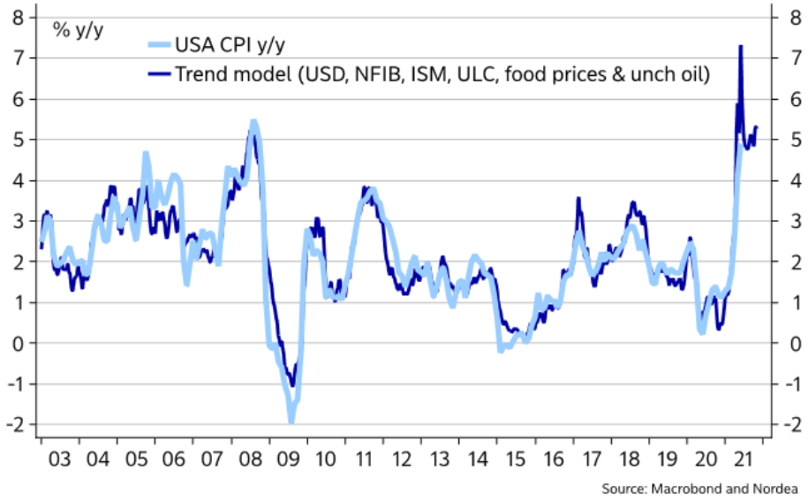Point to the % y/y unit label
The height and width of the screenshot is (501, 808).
click(78, 28)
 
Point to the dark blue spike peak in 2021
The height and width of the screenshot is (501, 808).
click(740, 46)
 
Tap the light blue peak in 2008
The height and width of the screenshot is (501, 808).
click(253, 122)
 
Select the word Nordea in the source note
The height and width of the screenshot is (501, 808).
click(778, 489)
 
